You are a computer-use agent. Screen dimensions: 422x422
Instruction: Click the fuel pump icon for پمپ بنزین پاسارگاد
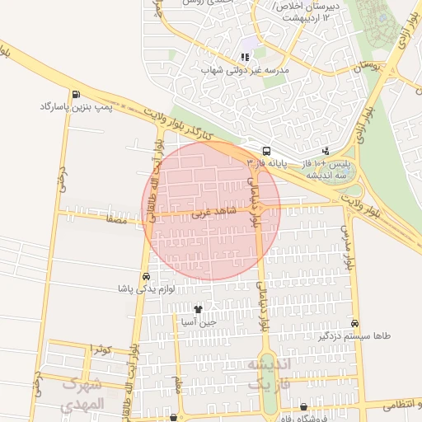[x=77, y=94]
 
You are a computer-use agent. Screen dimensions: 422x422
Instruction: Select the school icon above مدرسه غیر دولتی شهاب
[x=245, y=57]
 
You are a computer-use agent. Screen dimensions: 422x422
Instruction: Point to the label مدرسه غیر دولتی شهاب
[x=246, y=70]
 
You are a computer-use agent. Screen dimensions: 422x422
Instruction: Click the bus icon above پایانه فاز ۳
[x=266, y=151]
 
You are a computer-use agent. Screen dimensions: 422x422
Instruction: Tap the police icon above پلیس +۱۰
[x=326, y=151]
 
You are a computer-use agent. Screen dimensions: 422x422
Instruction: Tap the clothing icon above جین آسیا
[x=198, y=309]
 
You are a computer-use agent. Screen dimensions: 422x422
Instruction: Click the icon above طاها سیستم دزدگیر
[x=355, y=323]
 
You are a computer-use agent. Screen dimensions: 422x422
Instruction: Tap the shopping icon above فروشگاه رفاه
[x=304, y=406]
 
